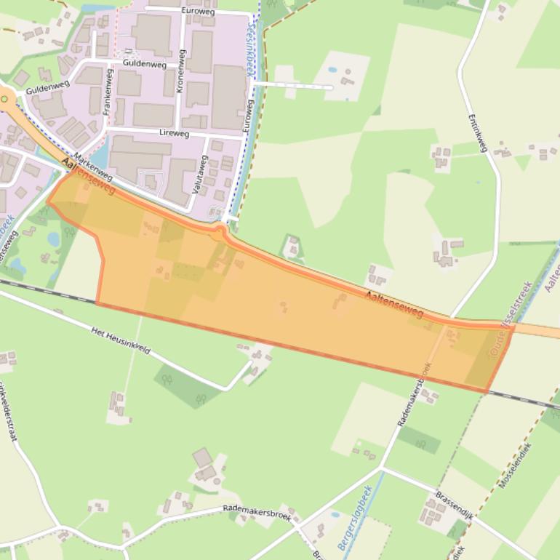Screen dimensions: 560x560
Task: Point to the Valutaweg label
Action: (199, 173)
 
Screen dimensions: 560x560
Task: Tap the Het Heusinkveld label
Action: (121, 340)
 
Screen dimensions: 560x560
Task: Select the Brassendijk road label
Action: (454, 505)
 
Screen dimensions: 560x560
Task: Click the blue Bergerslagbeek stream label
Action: (355, 517)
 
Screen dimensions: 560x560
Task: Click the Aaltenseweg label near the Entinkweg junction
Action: (393, 304)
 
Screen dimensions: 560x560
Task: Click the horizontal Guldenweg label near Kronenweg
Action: (145, 65)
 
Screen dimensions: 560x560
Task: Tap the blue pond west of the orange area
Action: (54, 239)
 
